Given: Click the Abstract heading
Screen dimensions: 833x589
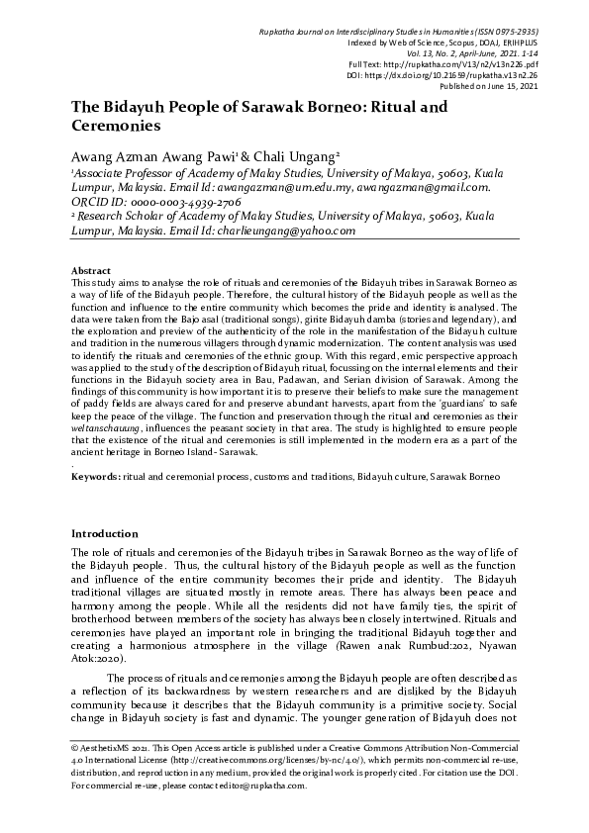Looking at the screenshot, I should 90,270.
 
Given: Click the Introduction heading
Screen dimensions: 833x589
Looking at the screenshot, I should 105,532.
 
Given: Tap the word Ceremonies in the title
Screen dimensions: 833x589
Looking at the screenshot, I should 115,127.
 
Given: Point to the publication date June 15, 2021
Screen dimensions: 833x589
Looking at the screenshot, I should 525,85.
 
